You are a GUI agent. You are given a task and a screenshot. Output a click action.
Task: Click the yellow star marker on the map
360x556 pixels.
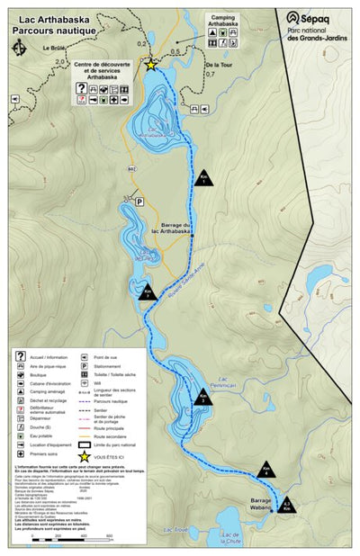click(151, 65)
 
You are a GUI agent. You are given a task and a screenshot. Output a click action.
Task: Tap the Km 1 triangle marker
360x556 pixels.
click(204, 178)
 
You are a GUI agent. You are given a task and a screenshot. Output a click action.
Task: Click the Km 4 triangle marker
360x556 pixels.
click(265, 470)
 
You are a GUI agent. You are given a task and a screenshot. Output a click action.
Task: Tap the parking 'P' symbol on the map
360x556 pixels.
click(139, 202)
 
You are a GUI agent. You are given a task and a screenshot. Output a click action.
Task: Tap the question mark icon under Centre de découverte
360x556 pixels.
click(82, 88)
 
